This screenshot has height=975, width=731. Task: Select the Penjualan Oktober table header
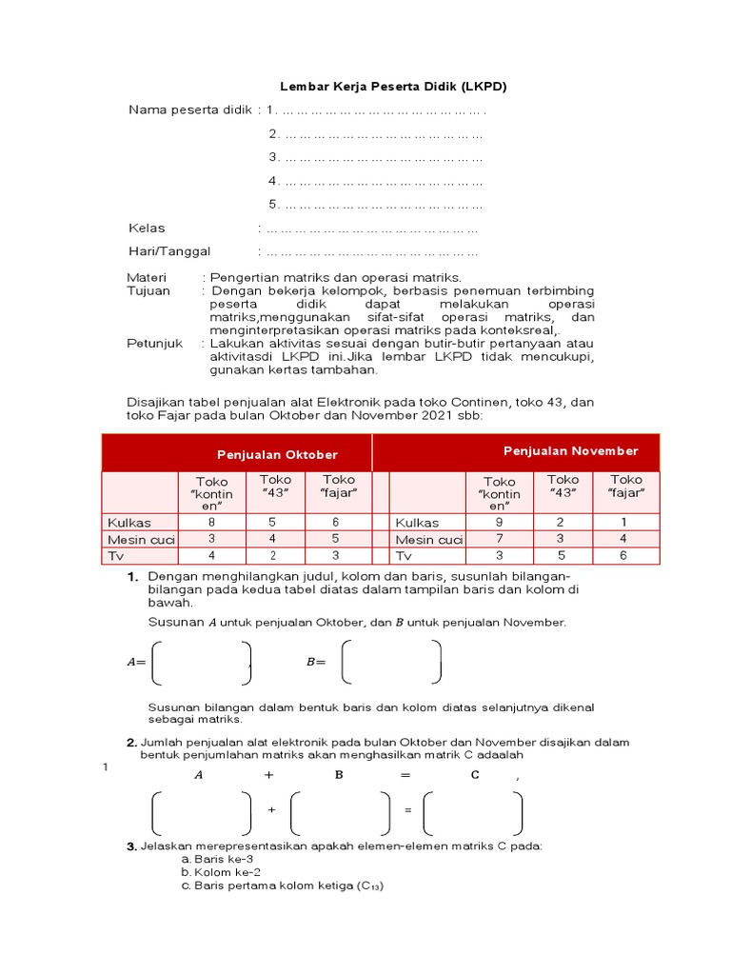pos(277,454)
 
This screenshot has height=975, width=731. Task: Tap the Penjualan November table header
pos(570,450)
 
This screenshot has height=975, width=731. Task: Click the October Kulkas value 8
pos(211,522)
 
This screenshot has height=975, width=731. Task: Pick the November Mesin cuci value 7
pos(499,539)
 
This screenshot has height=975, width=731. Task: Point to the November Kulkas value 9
pos(499,522)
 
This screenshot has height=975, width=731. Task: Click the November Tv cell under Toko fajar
pos(625,555)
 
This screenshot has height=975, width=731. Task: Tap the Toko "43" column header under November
pos(563,486)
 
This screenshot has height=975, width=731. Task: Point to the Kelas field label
pos(147,228)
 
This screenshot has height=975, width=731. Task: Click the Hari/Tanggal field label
pos(169,251)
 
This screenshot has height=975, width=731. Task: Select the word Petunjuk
pos(154,343)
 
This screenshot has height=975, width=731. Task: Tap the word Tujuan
pos(148,290)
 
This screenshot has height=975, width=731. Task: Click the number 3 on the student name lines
pos(272,157)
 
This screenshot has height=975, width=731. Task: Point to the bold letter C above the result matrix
pos(476,775)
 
